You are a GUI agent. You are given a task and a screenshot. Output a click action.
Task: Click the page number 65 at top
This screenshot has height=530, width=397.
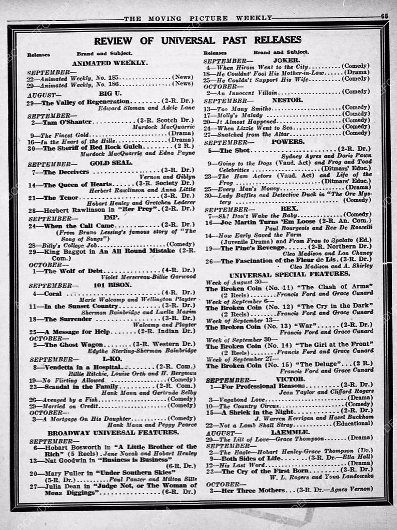pos(385,16)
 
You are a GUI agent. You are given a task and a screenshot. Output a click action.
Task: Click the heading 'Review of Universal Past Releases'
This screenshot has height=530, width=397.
pos(197,40)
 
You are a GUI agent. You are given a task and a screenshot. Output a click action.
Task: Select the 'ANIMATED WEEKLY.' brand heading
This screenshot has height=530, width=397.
pos(110,63)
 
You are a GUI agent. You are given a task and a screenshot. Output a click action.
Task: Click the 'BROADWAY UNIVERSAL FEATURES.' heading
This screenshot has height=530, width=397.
pos(113,432)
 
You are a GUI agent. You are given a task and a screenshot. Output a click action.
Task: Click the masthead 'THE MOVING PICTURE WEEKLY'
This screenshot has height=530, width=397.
pos(198,18)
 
